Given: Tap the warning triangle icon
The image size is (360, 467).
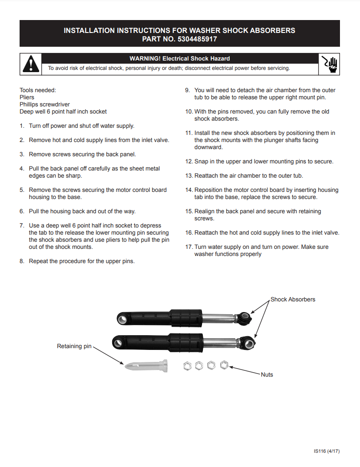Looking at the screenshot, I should click(x=30, y=64).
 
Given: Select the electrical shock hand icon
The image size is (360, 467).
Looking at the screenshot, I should click(x=330, y=64).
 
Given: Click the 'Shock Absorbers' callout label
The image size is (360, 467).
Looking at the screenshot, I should click(x=292, y=300).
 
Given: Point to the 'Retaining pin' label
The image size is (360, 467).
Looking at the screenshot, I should click(x=74, y=346).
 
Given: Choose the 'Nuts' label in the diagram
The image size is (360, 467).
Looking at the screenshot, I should click(x=267, y=375).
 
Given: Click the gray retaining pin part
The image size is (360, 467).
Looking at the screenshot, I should click(x=146, y=366).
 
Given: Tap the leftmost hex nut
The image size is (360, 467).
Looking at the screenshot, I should click(x=187, y=366).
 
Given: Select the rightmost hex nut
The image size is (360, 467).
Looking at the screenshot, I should click(x=224, y=365).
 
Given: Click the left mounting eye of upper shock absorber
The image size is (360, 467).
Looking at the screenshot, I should click(x=122, y=319).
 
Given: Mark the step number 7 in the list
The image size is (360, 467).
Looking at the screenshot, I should click(x=22, y=226).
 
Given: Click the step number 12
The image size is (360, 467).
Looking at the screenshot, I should click(x=189, y=162).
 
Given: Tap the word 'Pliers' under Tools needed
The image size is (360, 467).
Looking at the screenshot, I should click(x=27, y=97).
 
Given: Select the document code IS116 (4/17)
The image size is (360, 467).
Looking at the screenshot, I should click(x=327, y=451).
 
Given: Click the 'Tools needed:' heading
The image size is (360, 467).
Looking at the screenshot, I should click(x=38, y=90).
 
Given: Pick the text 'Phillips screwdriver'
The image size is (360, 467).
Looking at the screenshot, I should click(x=44, y=104).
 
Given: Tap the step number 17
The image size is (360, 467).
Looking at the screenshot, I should click(x=189, y=247).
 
